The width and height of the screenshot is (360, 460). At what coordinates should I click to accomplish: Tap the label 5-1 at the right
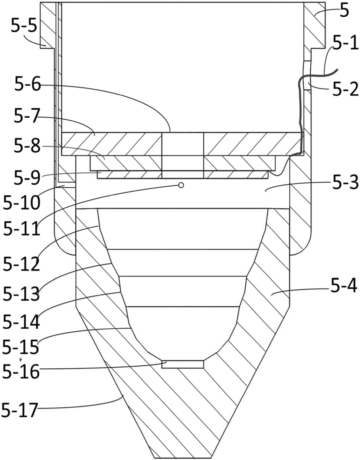(x=345, y=43)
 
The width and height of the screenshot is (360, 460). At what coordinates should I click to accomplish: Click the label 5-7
(x=27, y=116)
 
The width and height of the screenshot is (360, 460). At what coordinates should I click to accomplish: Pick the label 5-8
(x=27, y=146)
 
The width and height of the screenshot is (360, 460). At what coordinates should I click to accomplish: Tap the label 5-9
(x=27, y=177)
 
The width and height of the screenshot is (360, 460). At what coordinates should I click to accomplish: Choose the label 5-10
(x=22, y=203)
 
